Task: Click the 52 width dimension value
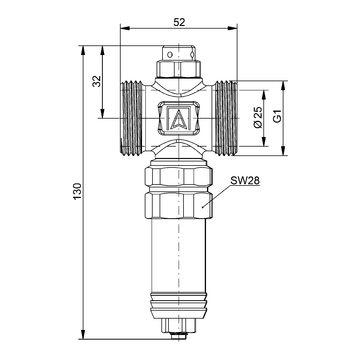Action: point(179,22)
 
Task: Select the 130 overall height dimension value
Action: point(77,191)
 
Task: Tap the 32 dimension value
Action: point(96,81)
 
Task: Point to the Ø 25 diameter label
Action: point(258,117)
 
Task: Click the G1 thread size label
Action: point(277,116)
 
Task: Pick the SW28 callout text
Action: point(245,181)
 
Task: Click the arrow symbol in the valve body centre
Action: point(179,119)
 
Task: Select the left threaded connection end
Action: point(132,118)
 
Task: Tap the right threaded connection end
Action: point(226,118)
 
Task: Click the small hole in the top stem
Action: point(170,54)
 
